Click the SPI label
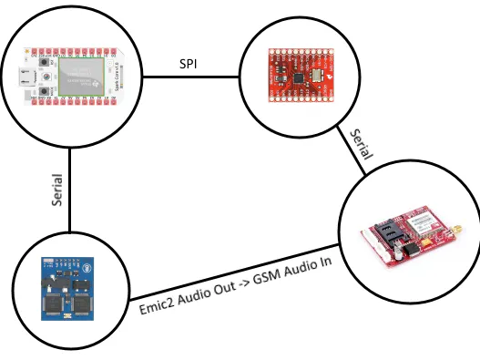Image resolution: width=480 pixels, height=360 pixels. coord(189,66)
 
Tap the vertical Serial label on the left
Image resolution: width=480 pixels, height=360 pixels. coord(58,193)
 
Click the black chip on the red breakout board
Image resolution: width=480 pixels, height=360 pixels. coord(299,78)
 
